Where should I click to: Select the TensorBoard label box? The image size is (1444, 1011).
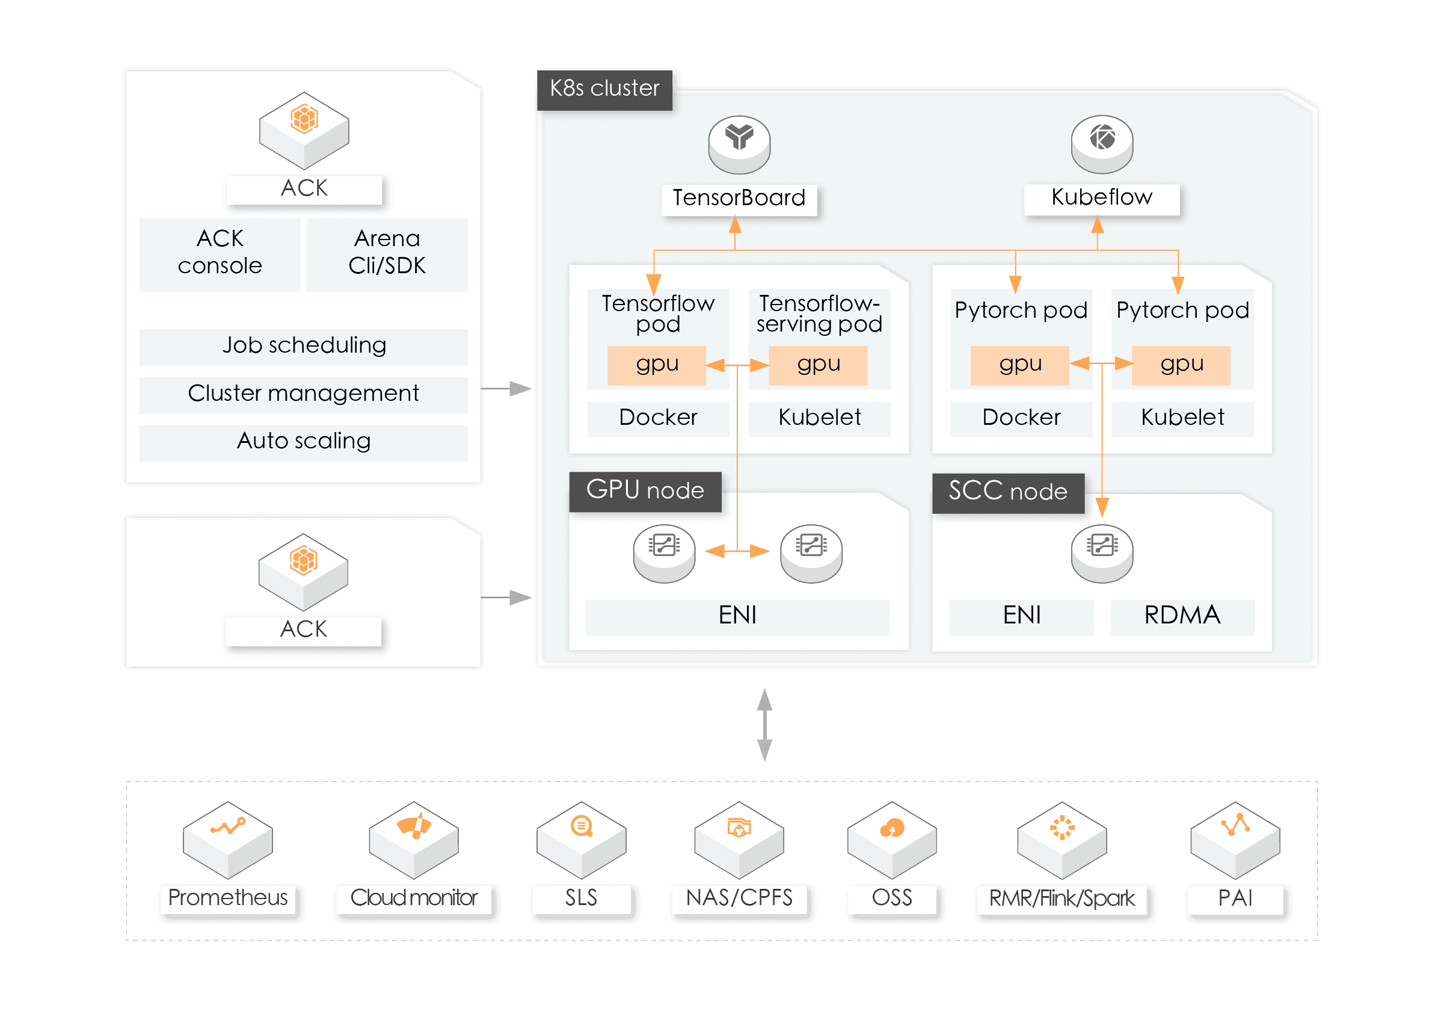pyautogui.click(x=739, y=199)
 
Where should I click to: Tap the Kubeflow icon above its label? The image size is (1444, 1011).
pyautogui.click(x=1102, y=144)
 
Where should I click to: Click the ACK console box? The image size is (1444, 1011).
pyautogui.click(x=220, y=254)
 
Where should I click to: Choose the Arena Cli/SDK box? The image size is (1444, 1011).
pyautogui.click(x=387, y=254)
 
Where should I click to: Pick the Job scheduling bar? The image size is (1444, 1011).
pyautogui.click(x=303, y=347)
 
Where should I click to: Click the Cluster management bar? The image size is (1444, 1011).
pyautogui.click(x=303, y=394)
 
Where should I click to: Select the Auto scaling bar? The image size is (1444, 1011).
pyautogui.click(x=303, y=443)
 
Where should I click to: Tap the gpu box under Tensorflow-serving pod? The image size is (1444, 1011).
pyautogui.click(x=818, y=365)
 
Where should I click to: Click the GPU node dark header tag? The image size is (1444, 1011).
pyautogui.click(x=645, y=491)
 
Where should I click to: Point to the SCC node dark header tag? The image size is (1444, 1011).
pyautogui.click(x=1008, y=493)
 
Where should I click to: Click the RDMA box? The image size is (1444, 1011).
pyautogui.click(x=1182, y=617)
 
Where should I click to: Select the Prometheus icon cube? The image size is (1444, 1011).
pyautogui.click(x=228, y=840)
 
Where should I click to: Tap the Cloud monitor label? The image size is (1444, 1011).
pyautogui.click(x=414, y=898)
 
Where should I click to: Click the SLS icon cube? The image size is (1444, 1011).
pyautogui.click(x=581, y=840)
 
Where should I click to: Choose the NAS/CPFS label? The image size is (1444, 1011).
pyautogui.click(x=739, y=898)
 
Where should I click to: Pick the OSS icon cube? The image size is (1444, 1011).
pyautogui.click(x=892, y=840)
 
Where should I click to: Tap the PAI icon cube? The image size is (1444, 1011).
pyautogui.click(x=1235, y=840)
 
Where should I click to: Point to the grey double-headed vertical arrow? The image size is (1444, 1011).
pyautogui.click(x=765, y=724)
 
